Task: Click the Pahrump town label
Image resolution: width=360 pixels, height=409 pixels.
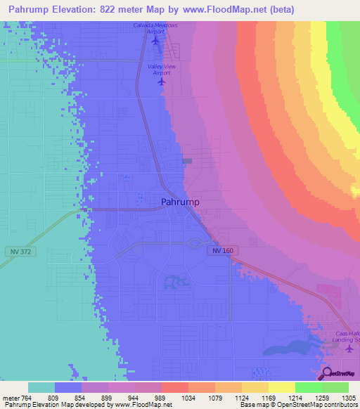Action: tap(180, 202)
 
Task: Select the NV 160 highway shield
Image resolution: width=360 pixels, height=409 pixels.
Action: tap(220, 250)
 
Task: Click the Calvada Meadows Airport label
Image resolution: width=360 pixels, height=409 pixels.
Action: tap(155, 29)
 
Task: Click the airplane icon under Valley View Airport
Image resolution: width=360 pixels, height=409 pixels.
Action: tap(161, 82)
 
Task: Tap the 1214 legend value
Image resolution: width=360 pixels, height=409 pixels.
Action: tap(284, 397)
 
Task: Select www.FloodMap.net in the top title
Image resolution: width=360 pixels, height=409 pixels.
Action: tap(227, 9)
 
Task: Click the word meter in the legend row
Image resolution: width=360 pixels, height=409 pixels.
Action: tap(11, 397)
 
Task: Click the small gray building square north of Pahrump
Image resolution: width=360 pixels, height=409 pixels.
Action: tap(187, 161)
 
